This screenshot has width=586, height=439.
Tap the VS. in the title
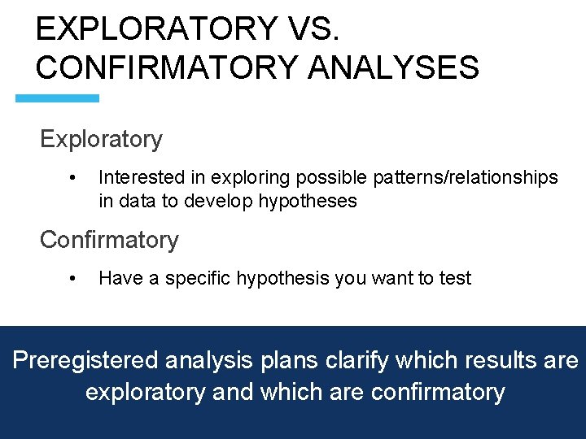pyautogui.click(x=313, y=28)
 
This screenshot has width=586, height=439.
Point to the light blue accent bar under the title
pyautogui.click(x=58, y=98)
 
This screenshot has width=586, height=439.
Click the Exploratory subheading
pyautogui.click(x=101, y=140)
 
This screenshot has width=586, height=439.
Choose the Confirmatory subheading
pyautogui.click(x=109, y=240)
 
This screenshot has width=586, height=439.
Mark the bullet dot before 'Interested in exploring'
pyautogui.click(x=72, y=177)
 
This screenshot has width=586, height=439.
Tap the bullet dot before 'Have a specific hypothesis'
pyautogui.click(x=72, y=278)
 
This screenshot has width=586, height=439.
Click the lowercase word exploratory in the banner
pyautogui.click(x=146, y=392)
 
